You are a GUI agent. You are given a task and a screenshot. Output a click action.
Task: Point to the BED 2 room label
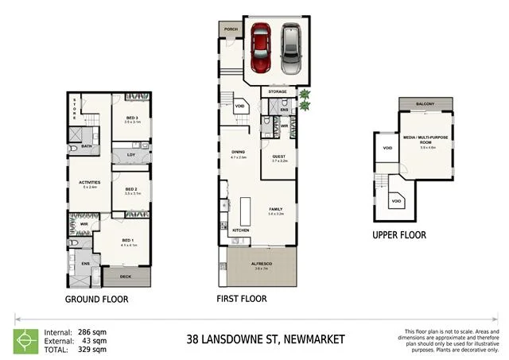(x=132, y=189)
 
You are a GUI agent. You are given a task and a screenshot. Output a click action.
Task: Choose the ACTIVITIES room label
(x=90, y=183)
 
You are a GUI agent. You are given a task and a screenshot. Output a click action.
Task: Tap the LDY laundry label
(x=131, y=155)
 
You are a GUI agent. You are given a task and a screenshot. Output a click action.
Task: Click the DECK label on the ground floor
(x=126, y=277)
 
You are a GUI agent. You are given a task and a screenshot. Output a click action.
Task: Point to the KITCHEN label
(x=241, y=230)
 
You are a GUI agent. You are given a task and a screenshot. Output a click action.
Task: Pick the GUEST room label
(x=278, y=157)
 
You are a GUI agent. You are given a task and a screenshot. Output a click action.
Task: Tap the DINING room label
(x=239, y=153)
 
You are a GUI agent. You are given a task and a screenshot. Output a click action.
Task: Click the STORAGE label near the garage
(x=277, y=92)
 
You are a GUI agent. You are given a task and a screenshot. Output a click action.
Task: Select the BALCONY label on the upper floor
(x=426, y=105)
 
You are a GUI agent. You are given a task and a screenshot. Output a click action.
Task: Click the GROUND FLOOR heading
(x=97, y=300)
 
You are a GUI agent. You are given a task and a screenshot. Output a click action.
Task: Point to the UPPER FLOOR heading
(x=399, y=234)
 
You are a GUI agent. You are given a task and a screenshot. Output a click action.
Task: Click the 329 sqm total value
(x=92, y=349)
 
